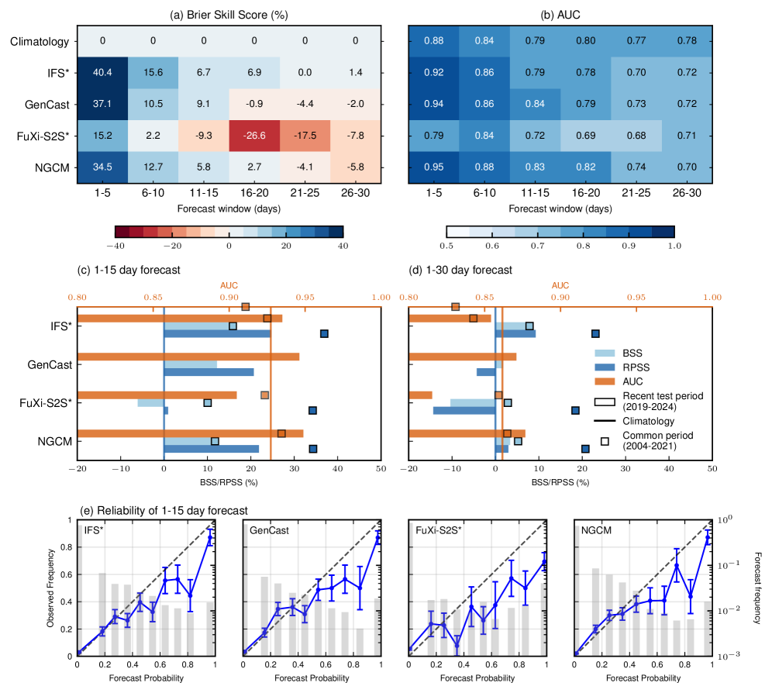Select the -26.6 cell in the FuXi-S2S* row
(254, 135)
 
